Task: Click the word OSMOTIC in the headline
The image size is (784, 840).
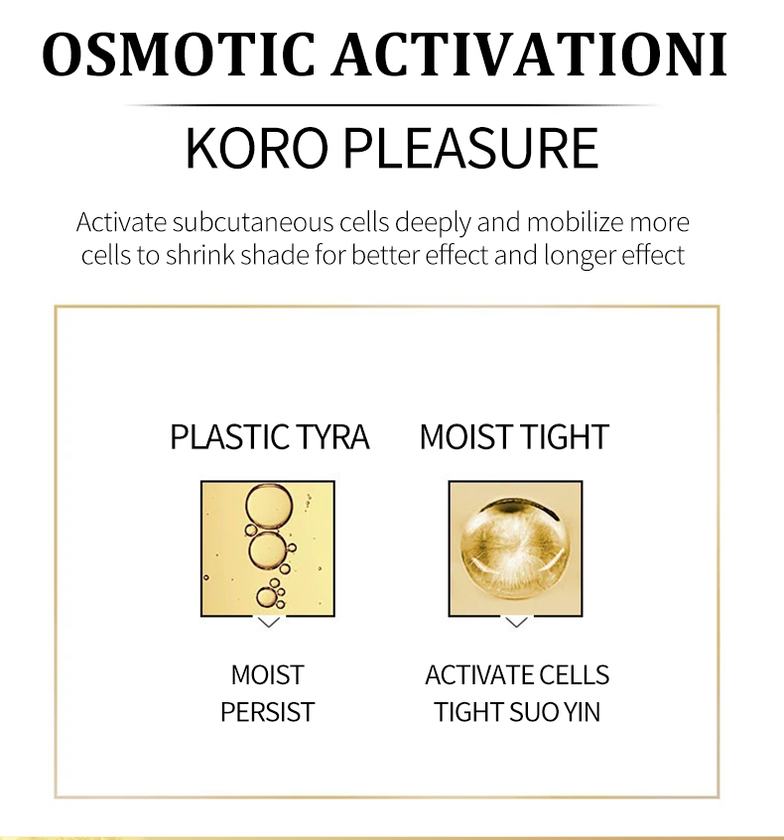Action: pos(179,55)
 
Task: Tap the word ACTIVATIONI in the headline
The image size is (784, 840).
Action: pos(529,55)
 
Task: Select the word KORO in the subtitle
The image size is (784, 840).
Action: pos(256,148)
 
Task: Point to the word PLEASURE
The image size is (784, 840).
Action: pos(470,148)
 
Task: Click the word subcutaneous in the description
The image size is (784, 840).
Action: pos(253,223)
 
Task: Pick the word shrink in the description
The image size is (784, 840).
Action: pos(200,255)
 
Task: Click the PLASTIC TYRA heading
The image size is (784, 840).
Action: pos(270,436)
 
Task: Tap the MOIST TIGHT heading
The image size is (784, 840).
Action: pos(514,436)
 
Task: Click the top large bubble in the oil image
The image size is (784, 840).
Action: pos(269,507)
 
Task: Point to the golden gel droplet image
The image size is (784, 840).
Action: pos(515,548)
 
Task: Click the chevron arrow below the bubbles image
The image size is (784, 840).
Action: pos(269,623)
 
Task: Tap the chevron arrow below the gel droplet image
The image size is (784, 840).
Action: pos(516,623)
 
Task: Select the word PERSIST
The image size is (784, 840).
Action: pos(268,712)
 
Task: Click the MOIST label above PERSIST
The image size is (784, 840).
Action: pos(268,675)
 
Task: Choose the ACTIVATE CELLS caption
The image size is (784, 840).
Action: pos(517,675)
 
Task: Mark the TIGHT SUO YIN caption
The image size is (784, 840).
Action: pos(517,712)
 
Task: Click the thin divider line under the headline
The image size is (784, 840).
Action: pos(392,105)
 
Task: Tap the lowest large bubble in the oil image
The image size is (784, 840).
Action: pos(267,597)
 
